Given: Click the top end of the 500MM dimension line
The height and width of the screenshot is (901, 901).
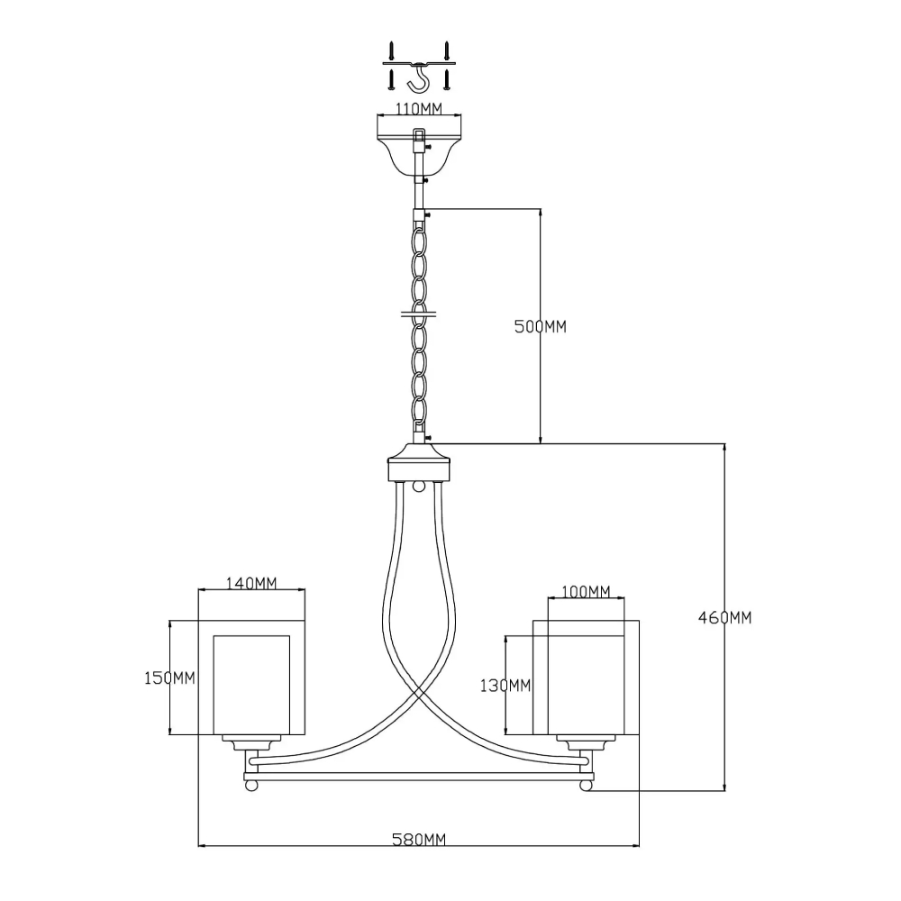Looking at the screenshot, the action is (540, 209).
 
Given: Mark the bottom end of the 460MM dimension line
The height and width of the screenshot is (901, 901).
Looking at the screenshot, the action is (725, 791).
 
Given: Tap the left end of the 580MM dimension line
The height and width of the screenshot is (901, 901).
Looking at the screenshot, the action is (198, 845).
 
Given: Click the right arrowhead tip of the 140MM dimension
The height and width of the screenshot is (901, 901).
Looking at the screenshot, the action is (305, 589).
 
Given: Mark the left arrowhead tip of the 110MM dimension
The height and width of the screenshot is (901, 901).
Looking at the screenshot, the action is (377, 115).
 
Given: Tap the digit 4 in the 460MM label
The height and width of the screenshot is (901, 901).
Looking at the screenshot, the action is (703, 618).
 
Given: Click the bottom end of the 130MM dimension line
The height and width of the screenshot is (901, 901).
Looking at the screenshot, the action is (505, 733).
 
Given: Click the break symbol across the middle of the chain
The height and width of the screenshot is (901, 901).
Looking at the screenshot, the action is (419, 314).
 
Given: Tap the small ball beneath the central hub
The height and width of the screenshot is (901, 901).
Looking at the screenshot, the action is (420, 487).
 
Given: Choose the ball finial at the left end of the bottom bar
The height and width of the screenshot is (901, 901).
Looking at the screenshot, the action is (250, 786).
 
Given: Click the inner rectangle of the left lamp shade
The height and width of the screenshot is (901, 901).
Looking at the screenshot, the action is (251, 685).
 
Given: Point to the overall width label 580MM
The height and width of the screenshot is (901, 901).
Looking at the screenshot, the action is (419, 840).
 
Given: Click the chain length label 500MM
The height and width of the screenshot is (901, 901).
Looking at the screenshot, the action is (540, 326).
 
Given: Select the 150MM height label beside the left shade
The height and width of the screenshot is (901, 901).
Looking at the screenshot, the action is (169, 678).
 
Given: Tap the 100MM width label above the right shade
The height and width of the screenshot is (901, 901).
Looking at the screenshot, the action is (586, 591).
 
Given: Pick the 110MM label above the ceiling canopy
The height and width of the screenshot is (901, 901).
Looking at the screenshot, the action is (419, 108).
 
